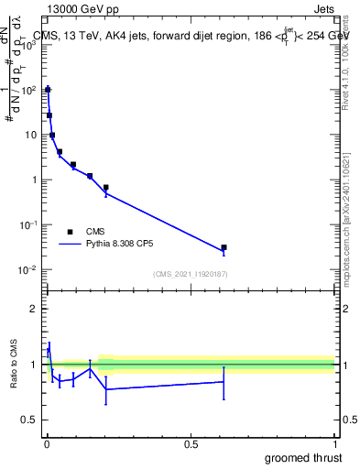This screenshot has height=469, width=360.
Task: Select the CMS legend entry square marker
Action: click(70, 232)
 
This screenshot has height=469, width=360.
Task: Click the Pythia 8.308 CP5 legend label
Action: click(122, 245)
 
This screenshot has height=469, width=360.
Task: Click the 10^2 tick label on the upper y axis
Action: click(27, 90)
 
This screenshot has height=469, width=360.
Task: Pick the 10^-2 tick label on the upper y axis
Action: click(27, 269)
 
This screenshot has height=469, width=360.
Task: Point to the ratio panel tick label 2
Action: click(33, 309)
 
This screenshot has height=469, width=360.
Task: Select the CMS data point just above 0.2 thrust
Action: click(106, 188)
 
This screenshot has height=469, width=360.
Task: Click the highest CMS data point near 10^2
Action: click(48, 90)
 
